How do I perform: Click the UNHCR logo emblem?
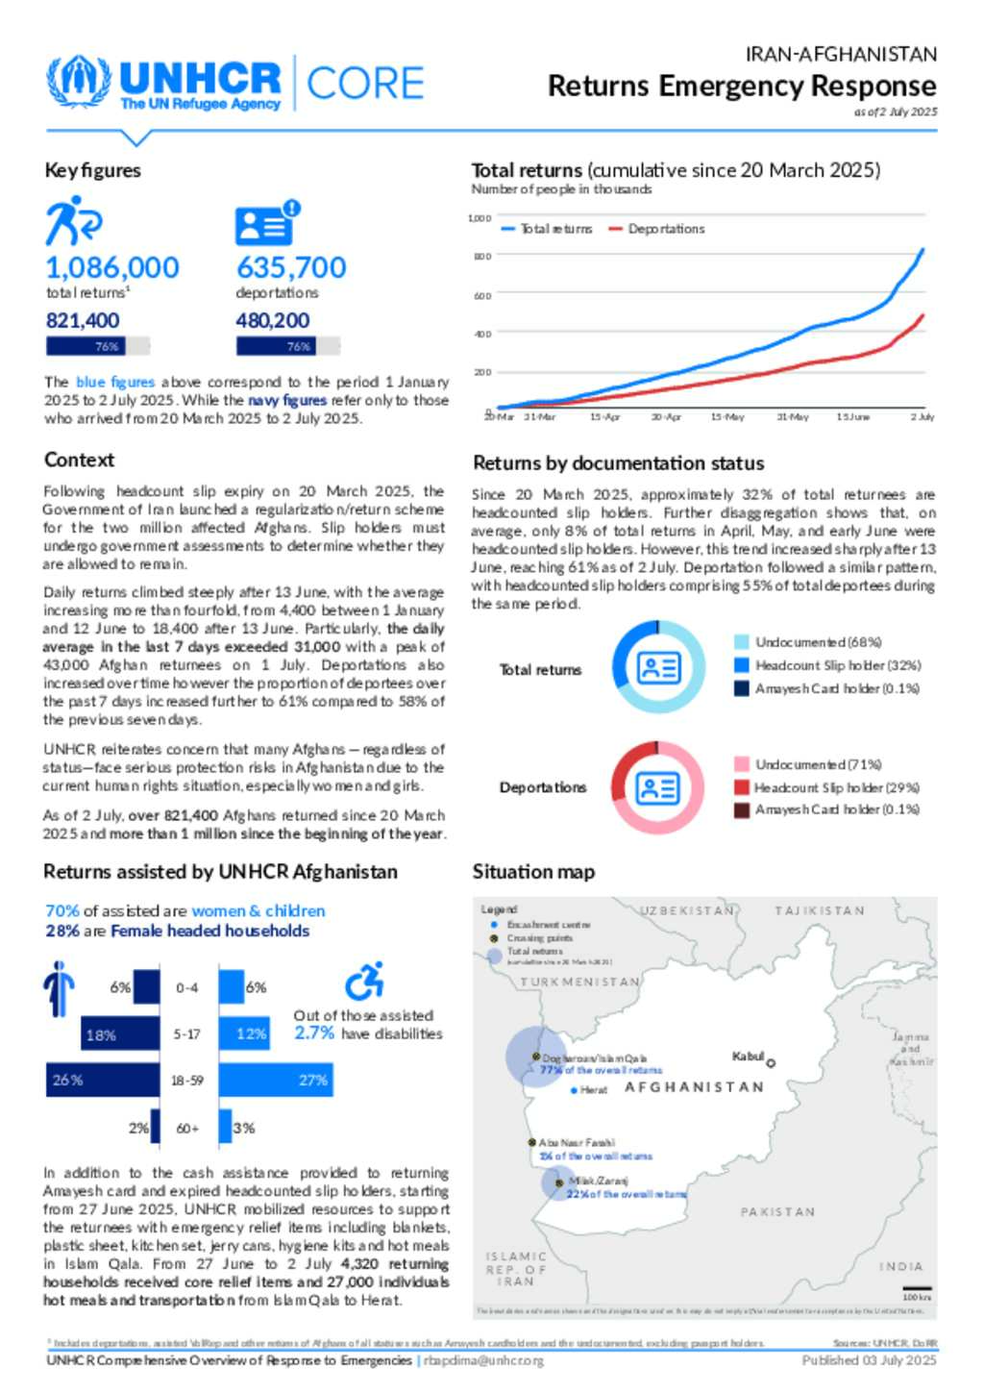(x=79, y=82)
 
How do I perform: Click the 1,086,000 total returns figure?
(x=112, y=267)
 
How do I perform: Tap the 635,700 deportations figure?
(x=291, y=267)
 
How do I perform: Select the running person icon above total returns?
(x=72, y=221)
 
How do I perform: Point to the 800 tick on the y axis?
(x=481, y=257)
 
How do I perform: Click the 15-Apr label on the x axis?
(x=604, y=417)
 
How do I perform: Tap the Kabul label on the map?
(x=749, y=1057)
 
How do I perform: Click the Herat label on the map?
(x=593, y=1090)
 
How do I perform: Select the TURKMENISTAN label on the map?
(x=579, y=982)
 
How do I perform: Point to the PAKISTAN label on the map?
(x=777, y=1212)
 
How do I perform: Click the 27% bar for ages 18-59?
(x=276, y=1081)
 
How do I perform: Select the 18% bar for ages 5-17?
(x=120, y=1034)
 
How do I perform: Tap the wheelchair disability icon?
(x=364, y=982)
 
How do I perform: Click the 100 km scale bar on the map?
(x=917, y=1289)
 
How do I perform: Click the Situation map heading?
(x=533, y=872)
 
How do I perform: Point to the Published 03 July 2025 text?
(x=869, y=1360)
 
